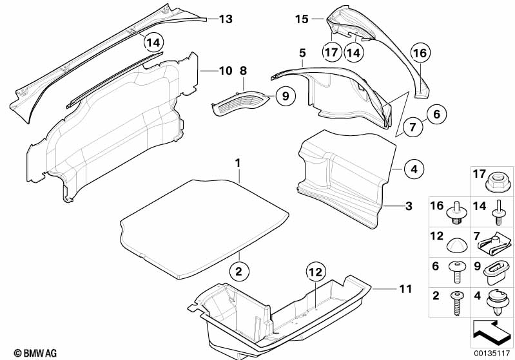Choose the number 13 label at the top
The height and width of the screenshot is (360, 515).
coord(224,19)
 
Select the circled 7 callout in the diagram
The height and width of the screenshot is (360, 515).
coord(413,129)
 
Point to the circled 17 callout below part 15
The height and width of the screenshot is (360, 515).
coord(332,52)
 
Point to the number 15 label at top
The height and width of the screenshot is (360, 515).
coord(302,19)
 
